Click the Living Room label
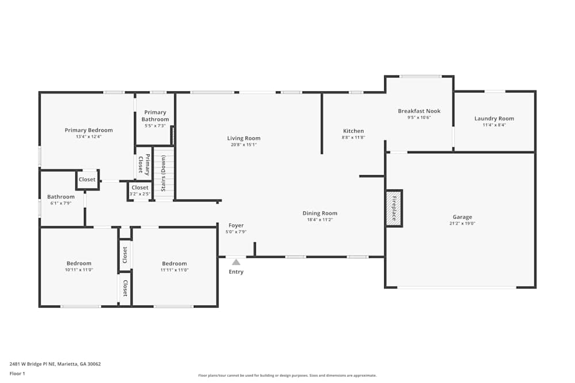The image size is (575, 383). coord(244,138)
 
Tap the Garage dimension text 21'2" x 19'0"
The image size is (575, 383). coord(462,224)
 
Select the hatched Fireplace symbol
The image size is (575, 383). coord(394,208)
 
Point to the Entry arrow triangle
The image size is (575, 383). coord(236,262)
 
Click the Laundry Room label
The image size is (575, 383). coord(494,118)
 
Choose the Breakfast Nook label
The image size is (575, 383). coord(419,111)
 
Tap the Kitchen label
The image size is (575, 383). coord(353,131)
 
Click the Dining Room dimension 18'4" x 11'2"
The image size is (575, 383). coord(320,220)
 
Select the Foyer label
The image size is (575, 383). coord(236,226)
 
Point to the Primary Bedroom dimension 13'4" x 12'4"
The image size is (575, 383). coord(89,137)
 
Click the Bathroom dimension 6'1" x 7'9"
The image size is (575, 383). coord(61,203)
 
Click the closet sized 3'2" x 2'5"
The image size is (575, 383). coord(140,190)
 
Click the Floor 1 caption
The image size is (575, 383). coord(17,373)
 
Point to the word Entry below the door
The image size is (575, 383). coord(236,272)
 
